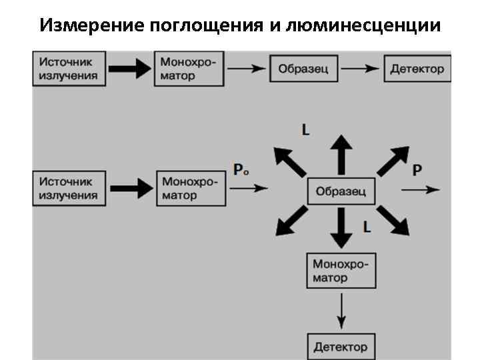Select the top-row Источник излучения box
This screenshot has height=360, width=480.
pos(69,68)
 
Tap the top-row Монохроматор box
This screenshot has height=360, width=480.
pos(189,68)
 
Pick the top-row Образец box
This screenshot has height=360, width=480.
pos(303,69)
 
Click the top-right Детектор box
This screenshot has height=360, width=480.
pos(417,69)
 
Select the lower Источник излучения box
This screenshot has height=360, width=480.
pos(69,188)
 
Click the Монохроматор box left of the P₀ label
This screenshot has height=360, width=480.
pos(189,189)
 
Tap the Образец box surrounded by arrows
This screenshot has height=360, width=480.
pos(341,191)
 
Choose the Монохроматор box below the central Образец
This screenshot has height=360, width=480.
pos(341,270)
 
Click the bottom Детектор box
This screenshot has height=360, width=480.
pos(341,347)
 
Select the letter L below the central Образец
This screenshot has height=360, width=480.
pos(367,227)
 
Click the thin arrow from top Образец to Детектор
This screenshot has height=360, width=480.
pos(361,69)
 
